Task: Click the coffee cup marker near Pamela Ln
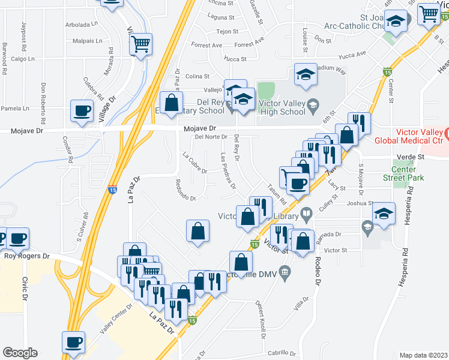(82, 110)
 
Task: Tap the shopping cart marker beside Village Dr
(140, 43)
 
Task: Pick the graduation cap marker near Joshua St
(384, 214)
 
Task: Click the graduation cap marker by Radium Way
(306, 74)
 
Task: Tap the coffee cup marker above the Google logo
(74, 342)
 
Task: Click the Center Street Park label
(403, 173)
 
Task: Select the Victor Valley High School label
(282, 107)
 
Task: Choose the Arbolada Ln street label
(82, 25)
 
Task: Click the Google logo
(20, 353)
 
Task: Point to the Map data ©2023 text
(423, 355)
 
